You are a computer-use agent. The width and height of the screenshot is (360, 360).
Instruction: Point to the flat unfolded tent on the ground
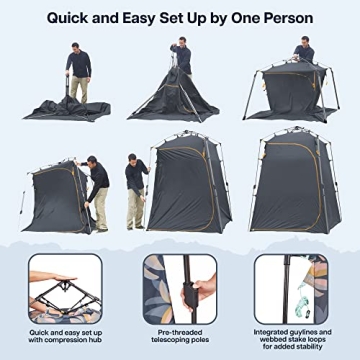pos(75,105)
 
